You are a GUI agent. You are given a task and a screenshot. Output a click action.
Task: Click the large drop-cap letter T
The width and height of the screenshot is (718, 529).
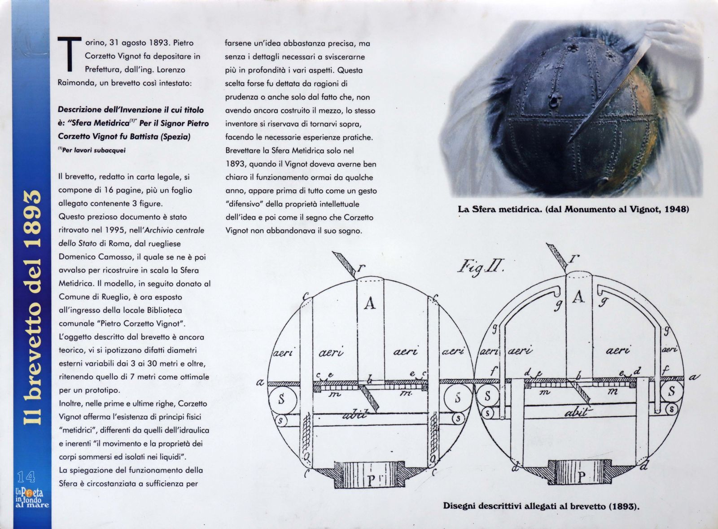pos(69,54)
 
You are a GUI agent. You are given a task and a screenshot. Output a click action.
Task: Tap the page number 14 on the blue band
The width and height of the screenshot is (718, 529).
pos(26,477)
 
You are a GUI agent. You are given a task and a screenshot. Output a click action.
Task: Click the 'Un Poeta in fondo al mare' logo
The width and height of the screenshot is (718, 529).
pos(32,498)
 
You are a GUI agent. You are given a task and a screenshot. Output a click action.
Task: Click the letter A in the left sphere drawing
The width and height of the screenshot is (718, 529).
pos(370,303)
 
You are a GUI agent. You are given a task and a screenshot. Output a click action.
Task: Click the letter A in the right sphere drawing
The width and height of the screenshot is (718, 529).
pos(578,297)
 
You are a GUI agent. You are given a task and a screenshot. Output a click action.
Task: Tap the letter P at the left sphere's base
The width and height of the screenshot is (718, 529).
pos(371,481)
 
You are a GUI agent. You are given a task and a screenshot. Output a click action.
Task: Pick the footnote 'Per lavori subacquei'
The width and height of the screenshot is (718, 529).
pos(92,150)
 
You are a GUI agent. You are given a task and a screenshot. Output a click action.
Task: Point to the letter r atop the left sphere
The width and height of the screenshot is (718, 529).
pos(361,267)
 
